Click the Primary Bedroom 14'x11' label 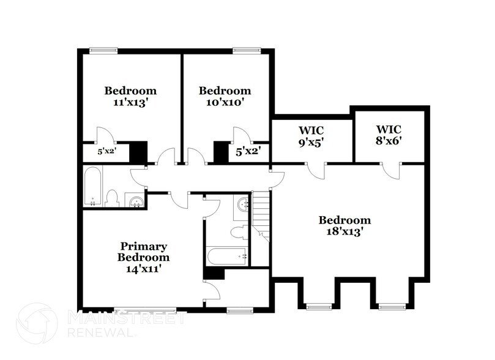tap(144, 257)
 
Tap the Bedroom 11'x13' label tap(130, 97)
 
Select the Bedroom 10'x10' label tap(225, 97)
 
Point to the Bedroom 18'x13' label tap(344, 226)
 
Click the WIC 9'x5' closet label tap(311, 136)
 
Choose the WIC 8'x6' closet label tap(389, 135)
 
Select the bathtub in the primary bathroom tap(226, 256)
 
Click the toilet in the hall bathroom tap(112, 197)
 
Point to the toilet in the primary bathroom tap(239, 232)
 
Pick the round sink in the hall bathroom tap(136, 201)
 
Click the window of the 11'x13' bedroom tap(100, 51)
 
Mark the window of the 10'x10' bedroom tap(243, 51)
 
